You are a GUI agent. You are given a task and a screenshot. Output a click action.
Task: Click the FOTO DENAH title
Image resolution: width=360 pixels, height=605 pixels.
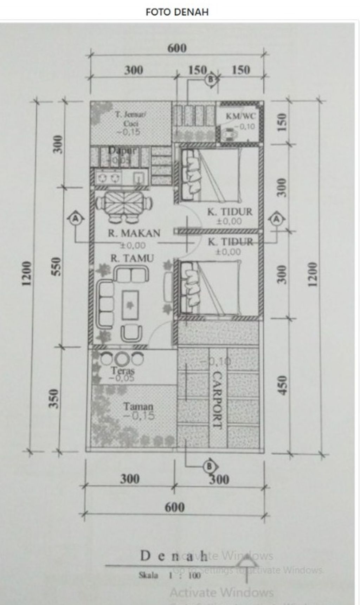(x=177, y=12)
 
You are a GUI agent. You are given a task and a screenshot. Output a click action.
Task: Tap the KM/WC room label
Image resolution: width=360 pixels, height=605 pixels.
(x=241, y=116)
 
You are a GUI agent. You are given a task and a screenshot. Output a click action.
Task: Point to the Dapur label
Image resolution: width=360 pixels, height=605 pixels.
(x=122, y=150)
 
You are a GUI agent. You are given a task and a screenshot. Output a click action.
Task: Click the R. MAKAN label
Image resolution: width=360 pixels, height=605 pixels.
(x=134, y=233)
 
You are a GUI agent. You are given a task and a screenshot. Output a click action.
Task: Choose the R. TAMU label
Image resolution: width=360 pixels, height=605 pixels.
(x=132, y=259)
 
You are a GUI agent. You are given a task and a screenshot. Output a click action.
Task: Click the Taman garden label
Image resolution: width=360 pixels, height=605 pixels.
(x=138, y=406)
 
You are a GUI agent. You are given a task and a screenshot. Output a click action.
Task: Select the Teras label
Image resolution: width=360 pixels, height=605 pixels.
(x=123, y=370)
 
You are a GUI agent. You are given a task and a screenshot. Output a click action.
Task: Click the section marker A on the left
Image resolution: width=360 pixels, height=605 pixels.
(x=76, y=219)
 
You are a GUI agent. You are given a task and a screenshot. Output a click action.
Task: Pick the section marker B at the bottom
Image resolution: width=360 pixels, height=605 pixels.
(x=210, y=466)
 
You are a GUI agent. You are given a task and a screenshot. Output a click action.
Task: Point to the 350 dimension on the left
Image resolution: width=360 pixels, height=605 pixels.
(x=53, y=398)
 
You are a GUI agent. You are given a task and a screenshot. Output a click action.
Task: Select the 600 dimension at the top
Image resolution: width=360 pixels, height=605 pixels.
(x=176, y=48)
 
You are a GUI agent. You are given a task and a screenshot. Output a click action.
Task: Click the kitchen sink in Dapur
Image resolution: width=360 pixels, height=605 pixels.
(x=139, y=178)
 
